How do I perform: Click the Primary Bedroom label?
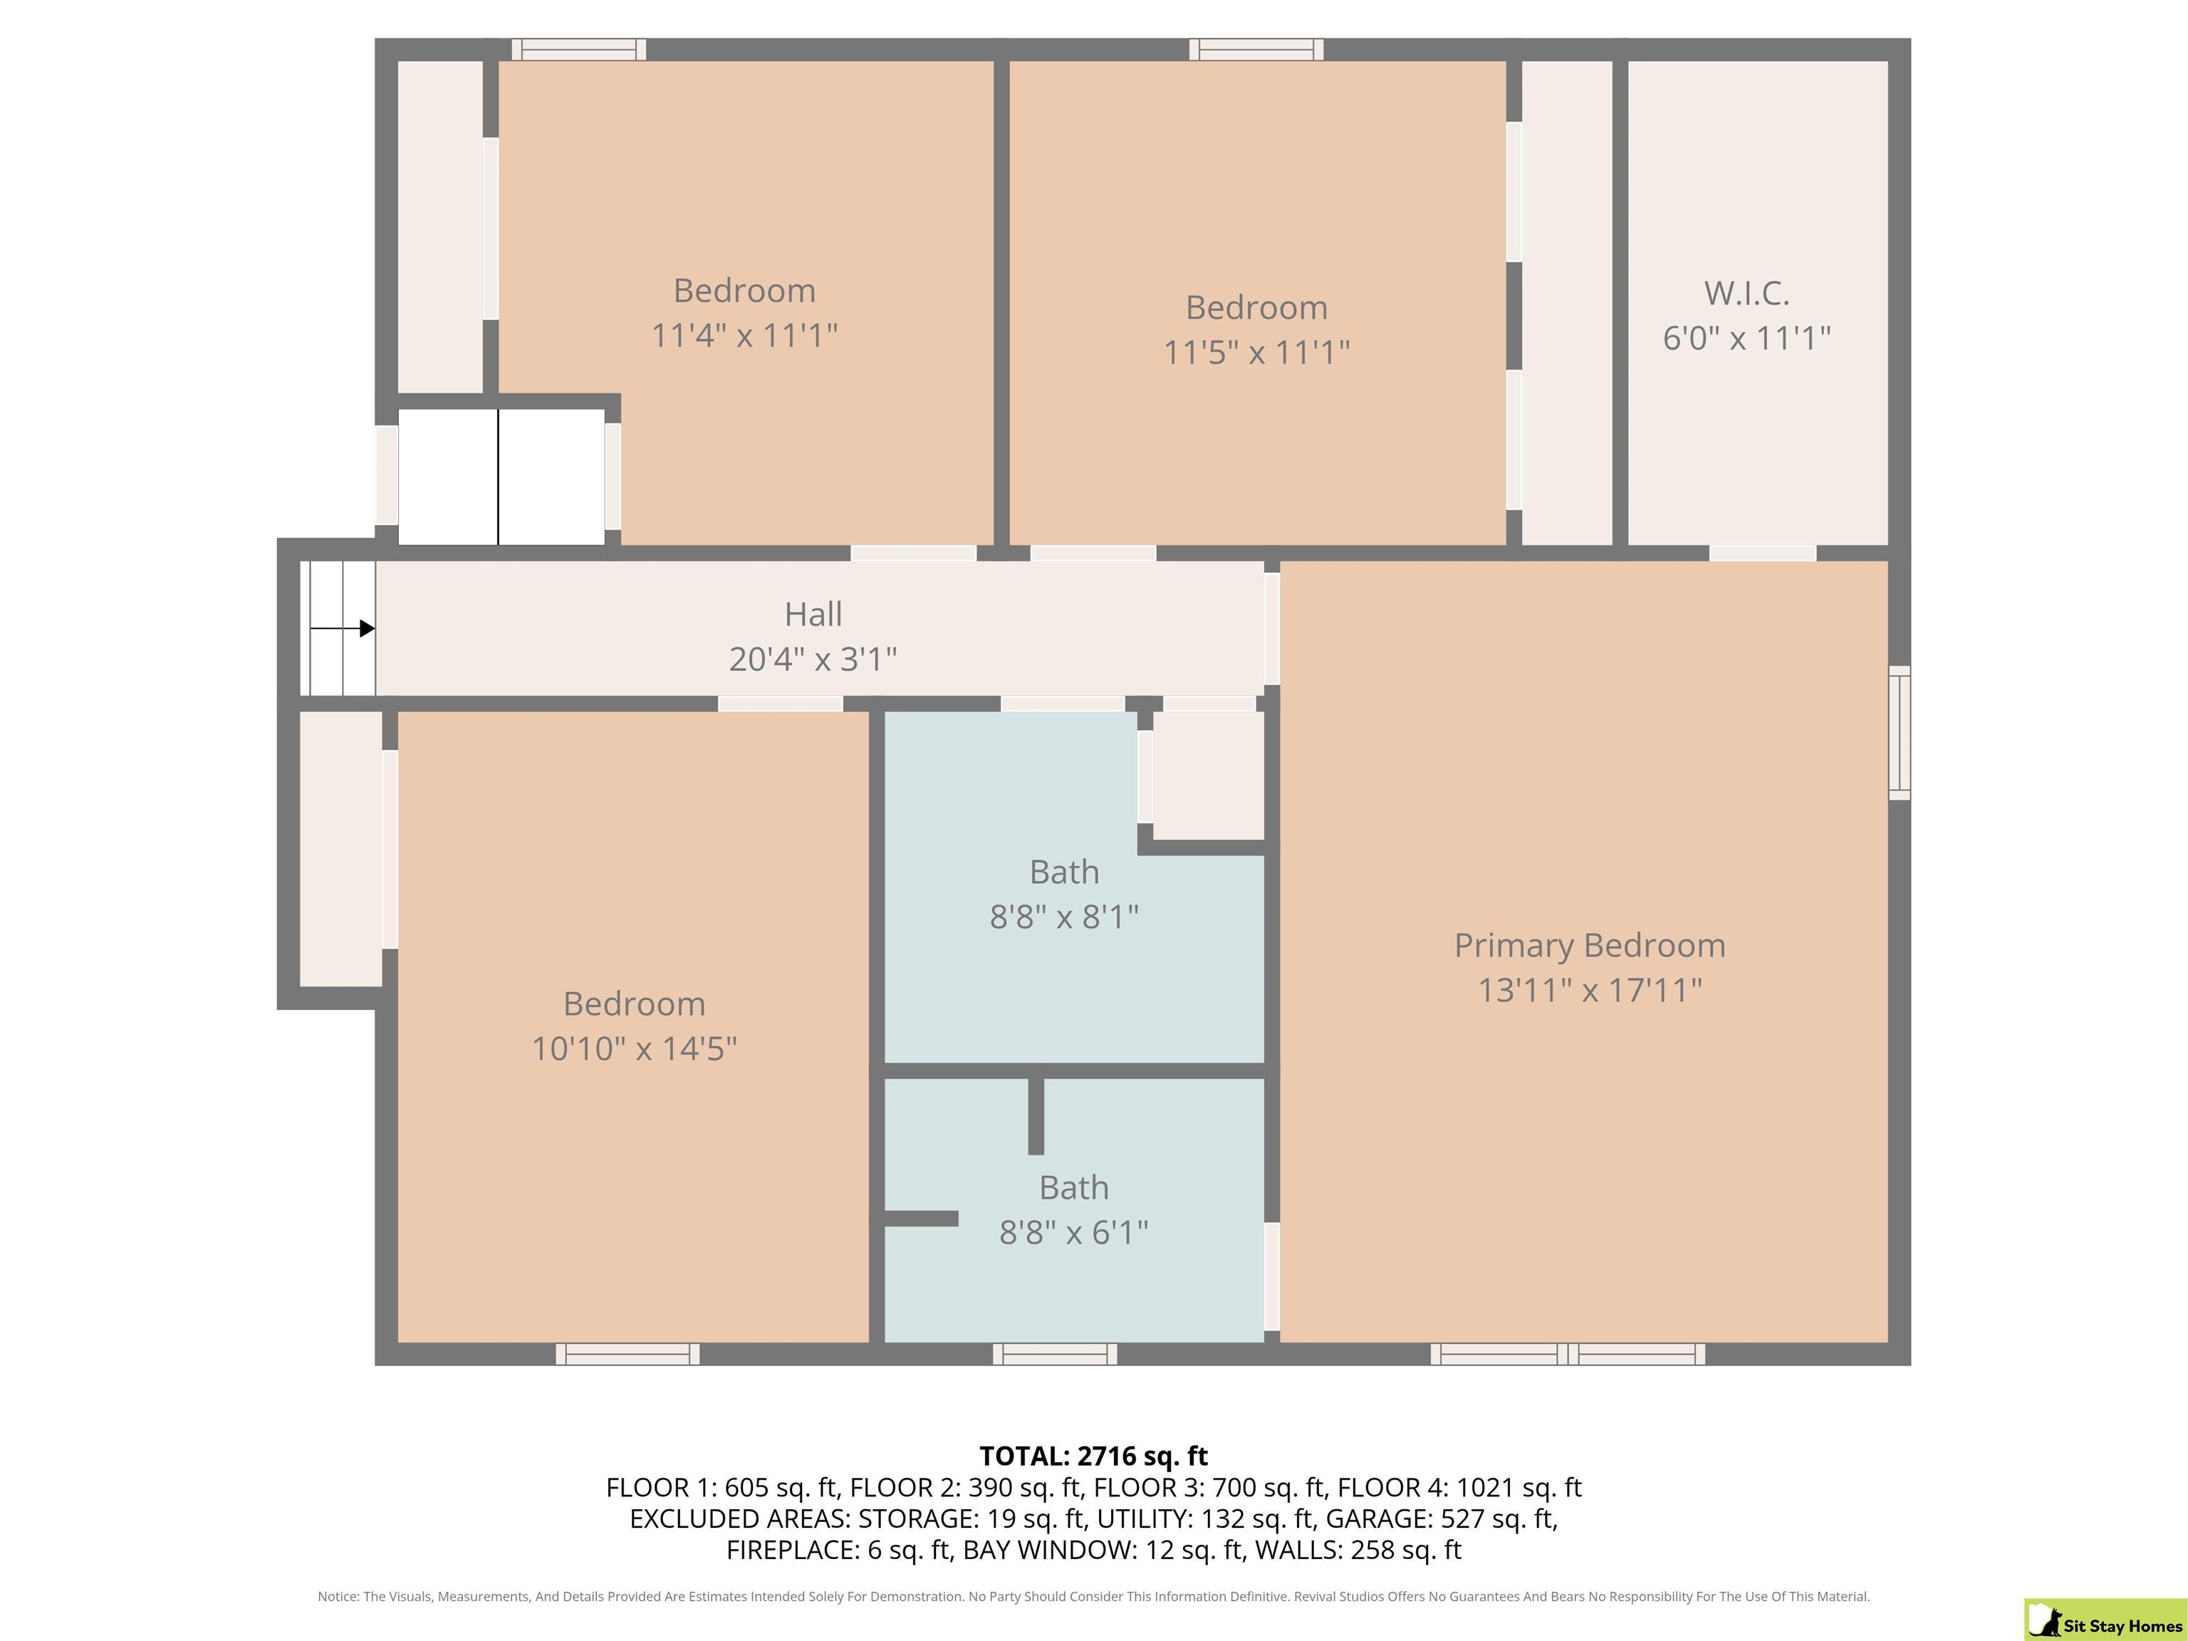(x=1590, y=946)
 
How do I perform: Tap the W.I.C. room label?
(x=1747, y=293)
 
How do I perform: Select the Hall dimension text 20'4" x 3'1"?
(x=813, y=659)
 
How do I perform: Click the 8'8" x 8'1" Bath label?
(x=1064, y=917)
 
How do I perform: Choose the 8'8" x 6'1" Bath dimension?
(x=1074, y=1232)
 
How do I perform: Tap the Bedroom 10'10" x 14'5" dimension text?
(x=634, y=1048)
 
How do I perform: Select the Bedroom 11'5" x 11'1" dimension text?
(x=1256, y=352)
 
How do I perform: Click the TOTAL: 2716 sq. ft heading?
(x=1094, y=1456)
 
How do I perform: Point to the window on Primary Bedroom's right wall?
(x=1899, y=733)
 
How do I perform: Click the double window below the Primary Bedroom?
(x=1568, y=1354)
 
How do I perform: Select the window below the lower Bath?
(x=1056, y=1354)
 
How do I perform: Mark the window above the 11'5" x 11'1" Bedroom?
(x=1256, y=49)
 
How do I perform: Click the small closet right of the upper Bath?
(x=1209, y=776)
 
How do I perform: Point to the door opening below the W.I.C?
(x=1763, y=553)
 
